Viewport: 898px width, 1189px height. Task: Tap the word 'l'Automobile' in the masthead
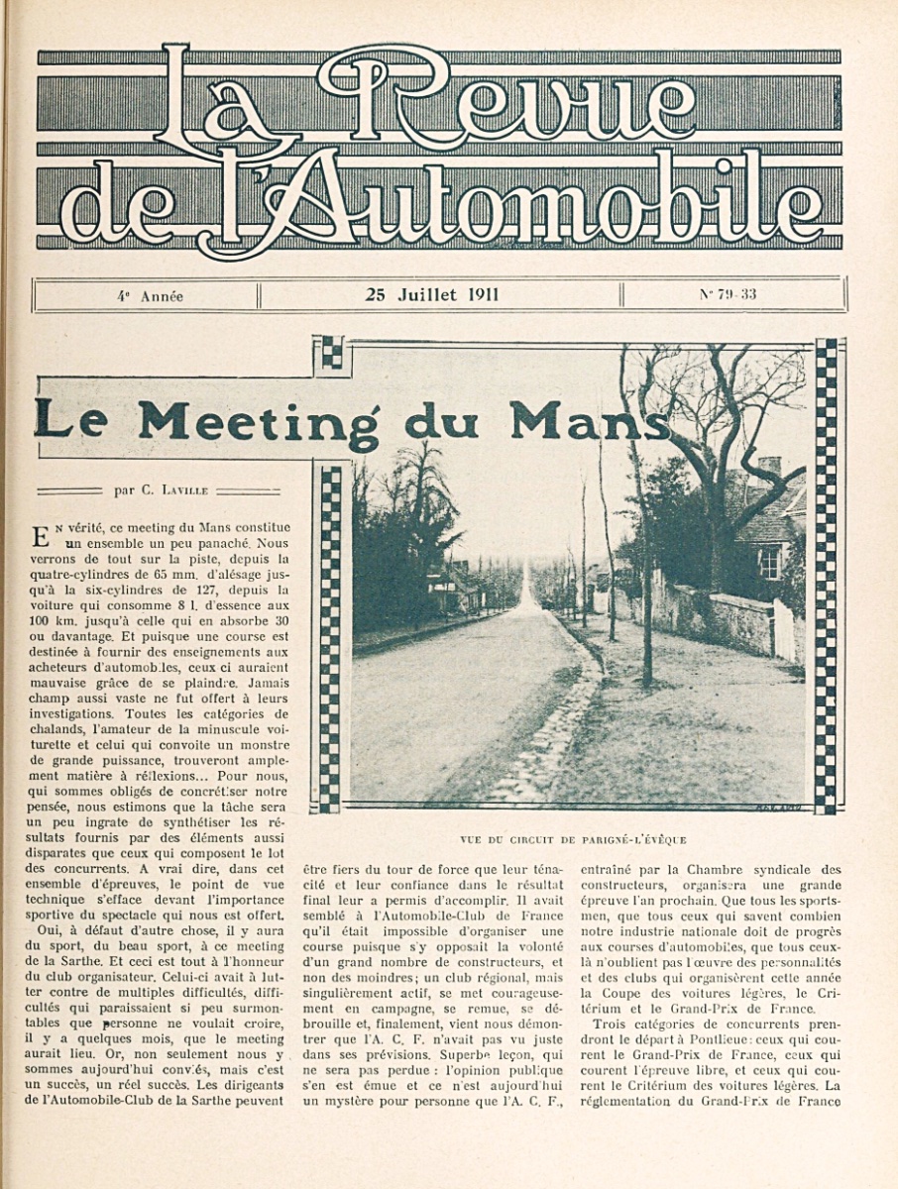tap(515, 203)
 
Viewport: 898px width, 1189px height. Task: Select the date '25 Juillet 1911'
tap(432, 294)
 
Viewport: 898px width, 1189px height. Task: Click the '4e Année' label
tap(150, 296)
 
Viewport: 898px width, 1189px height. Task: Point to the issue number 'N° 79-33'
tap(728, 294)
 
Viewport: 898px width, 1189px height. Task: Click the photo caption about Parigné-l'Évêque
tap(573, 839)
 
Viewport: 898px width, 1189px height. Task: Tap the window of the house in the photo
tap(769, 562)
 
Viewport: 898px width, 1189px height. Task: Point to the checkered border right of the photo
tap(825, 575)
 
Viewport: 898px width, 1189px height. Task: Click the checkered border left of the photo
tap(330, 634)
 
